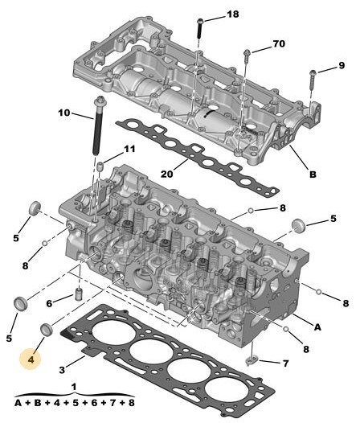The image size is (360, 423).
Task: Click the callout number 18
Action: point(233,14)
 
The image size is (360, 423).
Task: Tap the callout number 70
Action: point(279,43)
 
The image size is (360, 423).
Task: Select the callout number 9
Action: point(342,65)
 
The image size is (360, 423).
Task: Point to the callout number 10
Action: point(64,113)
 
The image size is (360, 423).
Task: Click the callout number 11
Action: point(129,149)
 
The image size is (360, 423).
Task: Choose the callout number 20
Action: point(166,175)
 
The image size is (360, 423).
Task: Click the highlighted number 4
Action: point(31,359)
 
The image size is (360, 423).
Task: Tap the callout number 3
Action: point(62,370)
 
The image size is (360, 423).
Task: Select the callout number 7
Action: point(286,363)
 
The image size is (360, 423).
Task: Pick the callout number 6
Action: point(49,303)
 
